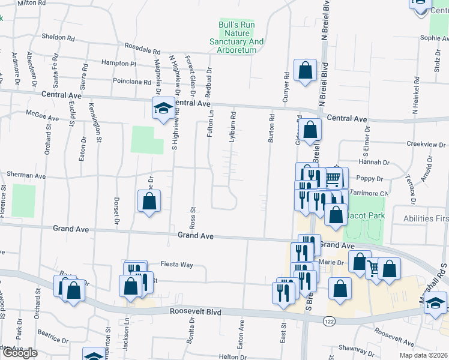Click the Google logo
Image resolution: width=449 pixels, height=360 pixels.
click(20, 353)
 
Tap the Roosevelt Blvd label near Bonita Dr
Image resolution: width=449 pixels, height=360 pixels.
click(195, 312)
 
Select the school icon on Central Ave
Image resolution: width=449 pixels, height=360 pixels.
click(161, 109)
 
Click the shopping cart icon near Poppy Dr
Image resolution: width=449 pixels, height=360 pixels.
click(334, 178)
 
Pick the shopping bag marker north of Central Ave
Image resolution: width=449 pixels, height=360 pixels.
click(306, 71)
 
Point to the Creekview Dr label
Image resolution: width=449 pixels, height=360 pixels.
click(427, 144)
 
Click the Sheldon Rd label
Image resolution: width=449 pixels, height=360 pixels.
click(58, 37)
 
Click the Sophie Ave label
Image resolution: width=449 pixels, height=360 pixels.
click(434, 38)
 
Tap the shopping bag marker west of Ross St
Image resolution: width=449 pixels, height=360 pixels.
click(149, 202)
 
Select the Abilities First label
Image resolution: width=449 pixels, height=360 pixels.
click(426, 219)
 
